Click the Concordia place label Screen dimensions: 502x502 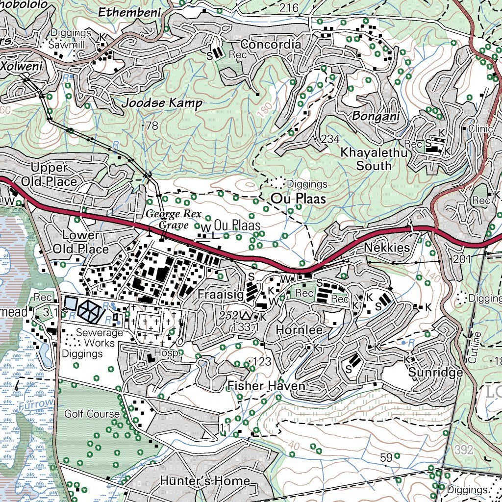[x=271, y=45]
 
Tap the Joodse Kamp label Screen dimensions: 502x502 [x=162, y=103]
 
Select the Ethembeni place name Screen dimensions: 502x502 [x=130, y=13]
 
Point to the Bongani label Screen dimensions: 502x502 [x=376, y=117]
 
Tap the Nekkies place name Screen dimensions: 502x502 [x=387, y=248]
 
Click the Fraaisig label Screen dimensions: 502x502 [x=221, y=295]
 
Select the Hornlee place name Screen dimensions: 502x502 [x=299, y=330]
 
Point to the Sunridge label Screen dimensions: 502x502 [x=435, y=373]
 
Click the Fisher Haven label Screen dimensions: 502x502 [x=266, y=386]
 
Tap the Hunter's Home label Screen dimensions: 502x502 [x=205, y=481]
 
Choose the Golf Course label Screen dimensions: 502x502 [x=92, y=414]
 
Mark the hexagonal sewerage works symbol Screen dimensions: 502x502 [x=89, y=310]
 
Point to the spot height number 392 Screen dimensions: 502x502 [x=463, y=450]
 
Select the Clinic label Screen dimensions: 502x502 [x=480, y=129]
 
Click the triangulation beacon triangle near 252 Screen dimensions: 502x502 [x=247, y=315]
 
